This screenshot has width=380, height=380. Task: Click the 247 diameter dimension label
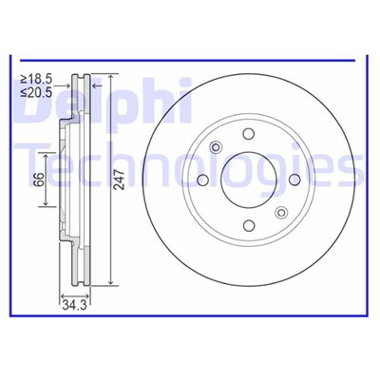120,179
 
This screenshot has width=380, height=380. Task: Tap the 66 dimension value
38,180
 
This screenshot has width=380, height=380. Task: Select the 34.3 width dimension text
74,305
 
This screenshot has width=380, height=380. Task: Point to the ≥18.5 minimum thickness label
36,79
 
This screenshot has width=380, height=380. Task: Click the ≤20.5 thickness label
36,92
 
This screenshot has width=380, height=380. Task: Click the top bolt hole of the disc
249,134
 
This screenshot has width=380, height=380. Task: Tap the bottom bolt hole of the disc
249,225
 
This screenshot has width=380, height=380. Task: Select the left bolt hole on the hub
202,180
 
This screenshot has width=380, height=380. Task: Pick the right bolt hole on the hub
294,180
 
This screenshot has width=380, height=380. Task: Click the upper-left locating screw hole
216,147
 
